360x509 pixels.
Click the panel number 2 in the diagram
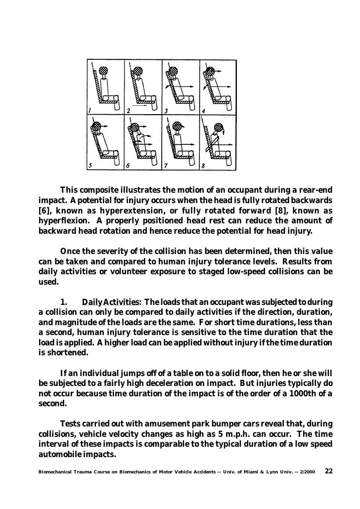point(128,110)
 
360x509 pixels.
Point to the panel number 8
point(203,166)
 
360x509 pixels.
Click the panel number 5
point(90,166)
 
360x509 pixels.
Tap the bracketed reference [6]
point(45,210)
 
